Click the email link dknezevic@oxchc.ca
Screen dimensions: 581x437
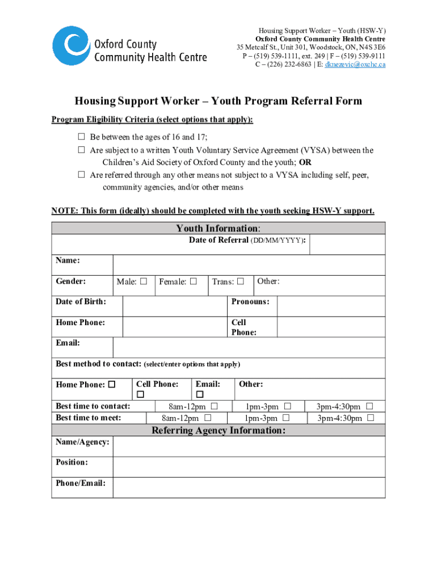(x=355, y=65)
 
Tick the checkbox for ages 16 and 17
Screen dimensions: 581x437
(x=81, y=137)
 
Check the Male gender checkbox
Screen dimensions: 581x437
(x=144, y=281)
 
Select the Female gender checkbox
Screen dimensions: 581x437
(x=194, y=281)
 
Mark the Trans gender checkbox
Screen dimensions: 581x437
(x=241, y=281)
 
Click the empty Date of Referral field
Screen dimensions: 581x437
(x=347, y=245)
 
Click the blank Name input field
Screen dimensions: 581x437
(x=249, y=264)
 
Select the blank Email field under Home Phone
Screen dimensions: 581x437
(x=249, y=347)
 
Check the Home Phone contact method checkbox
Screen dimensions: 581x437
(x=112, y=385)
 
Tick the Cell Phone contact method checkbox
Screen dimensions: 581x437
(x=140, y=394)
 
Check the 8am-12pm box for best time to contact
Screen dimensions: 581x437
(x=214, y=407)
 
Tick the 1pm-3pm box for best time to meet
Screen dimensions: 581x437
(x=286, y=418)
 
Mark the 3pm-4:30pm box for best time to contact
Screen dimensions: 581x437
(x=369, y=407)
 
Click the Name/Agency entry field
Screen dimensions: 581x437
(x=249, y=446)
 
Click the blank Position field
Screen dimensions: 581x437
(x=249, y=466)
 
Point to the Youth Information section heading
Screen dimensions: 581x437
(x=218, y=228)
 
